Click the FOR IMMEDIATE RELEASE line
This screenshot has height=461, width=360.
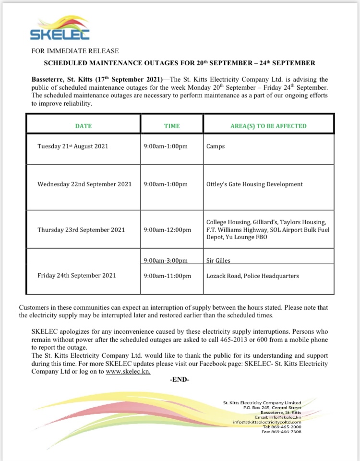click(x=75, y=51)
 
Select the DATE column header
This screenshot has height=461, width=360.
click(x=83, y=126)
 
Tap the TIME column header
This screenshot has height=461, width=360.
click(x=172, y=126)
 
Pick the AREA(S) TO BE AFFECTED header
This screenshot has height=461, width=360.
click(x=268, y=126)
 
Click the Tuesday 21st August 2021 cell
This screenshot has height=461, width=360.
click(x=73, y=146)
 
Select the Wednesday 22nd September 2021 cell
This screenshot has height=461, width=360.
click(x=84, y=184)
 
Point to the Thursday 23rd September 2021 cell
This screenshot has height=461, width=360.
click(x=81, y=230)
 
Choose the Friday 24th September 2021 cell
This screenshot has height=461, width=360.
click(x=77, y=275)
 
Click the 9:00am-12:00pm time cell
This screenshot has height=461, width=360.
click(x=167, y=230)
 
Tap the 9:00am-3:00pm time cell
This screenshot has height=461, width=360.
click(x=165, y=260)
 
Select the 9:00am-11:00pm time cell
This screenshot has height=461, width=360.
click(x=167, y=276)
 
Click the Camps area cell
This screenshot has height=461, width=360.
click(x=216, y=146)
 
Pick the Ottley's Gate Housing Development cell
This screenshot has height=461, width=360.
click(x=254, y=184)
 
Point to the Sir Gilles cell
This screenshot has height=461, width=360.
click(x=218, y=260)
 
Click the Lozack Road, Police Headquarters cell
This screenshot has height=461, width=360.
click(x=252, y=276)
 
